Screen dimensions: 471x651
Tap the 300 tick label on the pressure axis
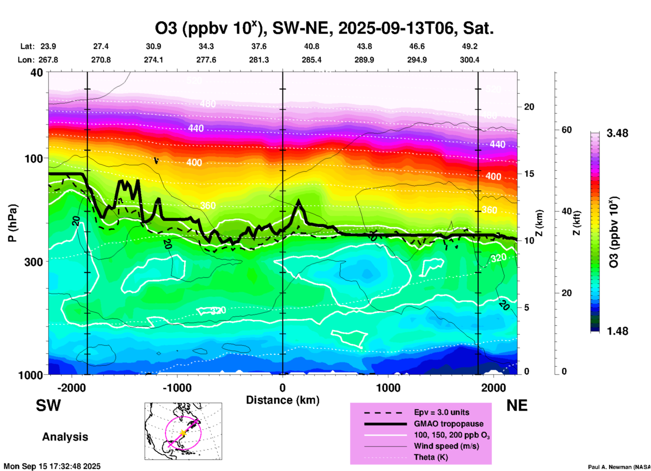click(x=35, y=262)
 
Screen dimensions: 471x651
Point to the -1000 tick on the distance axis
click(x=177, y=388)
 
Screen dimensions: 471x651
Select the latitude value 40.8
click(x=311, y=47)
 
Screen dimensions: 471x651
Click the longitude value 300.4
click(x=469, y=60)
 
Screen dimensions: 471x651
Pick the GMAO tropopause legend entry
click(x=449, y=424)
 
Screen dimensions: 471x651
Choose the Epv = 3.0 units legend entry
click(x=441, y=412)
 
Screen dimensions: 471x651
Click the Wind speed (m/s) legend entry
click(x=446, y=446)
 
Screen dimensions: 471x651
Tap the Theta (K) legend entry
click(x=431, y=457)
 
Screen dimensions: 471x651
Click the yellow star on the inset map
click(x=183, y=433)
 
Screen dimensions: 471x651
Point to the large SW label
click(x=48, y=405)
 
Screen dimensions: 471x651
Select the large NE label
click(x=517, y=405)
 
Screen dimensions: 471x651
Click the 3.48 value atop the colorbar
click(x=617, y=133)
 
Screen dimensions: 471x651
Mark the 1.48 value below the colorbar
click(x=617, y=331)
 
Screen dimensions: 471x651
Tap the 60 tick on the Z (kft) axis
click(x=566, y=130)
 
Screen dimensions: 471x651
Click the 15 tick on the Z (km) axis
click(x=529, y=174)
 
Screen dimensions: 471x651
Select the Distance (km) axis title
click(x=283, y=400)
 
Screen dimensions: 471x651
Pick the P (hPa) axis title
click(x=13, y=223)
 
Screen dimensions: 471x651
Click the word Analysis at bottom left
click(x=65, y=437)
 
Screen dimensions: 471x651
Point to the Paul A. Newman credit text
click(x=619, y=467)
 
